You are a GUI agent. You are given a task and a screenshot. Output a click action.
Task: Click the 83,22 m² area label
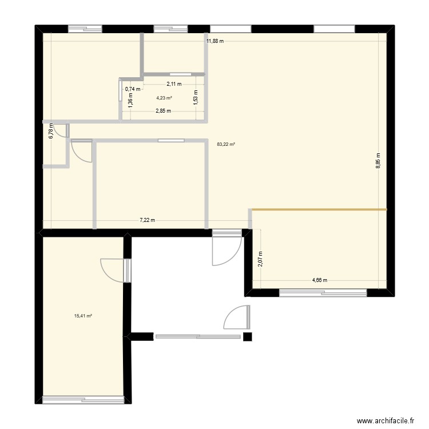(225, 144)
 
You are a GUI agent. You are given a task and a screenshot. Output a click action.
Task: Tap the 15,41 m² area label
(83, 315)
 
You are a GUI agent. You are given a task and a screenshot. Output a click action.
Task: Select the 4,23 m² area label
(164, 98)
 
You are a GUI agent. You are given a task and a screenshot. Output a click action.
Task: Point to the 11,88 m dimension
(215, 41)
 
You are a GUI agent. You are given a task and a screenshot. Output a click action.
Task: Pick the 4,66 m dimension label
(320, 280)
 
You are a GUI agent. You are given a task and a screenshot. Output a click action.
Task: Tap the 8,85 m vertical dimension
(378, 161)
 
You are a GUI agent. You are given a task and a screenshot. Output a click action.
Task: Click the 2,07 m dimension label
(260, 260)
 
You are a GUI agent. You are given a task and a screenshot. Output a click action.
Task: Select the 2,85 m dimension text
(164, 111)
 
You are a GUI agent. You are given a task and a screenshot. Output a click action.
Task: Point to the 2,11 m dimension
(174, 84)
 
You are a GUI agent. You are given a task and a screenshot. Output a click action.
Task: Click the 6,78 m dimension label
(51, 132)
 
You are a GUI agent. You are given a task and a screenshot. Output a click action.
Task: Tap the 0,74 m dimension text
(132, 89)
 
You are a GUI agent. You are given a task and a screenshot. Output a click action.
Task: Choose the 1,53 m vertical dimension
(196, 98)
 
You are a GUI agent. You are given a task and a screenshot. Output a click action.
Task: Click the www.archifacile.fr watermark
(385, 420)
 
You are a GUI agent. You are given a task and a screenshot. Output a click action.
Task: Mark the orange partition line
(319, 210)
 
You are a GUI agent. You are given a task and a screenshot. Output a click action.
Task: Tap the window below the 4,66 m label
(323, 293)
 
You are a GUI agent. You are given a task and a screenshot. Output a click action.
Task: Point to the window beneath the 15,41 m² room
(84, 399)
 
